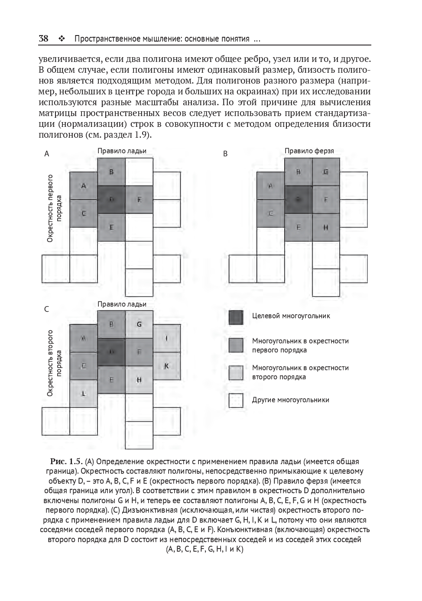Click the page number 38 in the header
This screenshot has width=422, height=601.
43,39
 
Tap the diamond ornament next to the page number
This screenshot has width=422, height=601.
61,39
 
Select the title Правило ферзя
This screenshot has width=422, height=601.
309,151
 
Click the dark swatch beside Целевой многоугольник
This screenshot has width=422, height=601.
236,317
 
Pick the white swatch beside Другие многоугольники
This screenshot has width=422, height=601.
236,401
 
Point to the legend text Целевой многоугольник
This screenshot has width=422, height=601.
291,316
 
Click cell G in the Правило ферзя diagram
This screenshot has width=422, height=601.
326,172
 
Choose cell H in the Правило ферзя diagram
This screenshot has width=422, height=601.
326,227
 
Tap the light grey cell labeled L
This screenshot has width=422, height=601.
84,394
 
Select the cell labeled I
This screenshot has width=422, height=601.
167,338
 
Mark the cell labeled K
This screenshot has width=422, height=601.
167,366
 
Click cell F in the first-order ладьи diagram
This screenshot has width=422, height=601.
139,200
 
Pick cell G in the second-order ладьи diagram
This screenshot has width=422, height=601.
139,324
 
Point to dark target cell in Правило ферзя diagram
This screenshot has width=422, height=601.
298,200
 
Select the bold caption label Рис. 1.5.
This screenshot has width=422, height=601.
66,461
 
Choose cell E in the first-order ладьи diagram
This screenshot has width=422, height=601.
111,227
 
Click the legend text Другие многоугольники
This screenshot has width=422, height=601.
290,400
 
